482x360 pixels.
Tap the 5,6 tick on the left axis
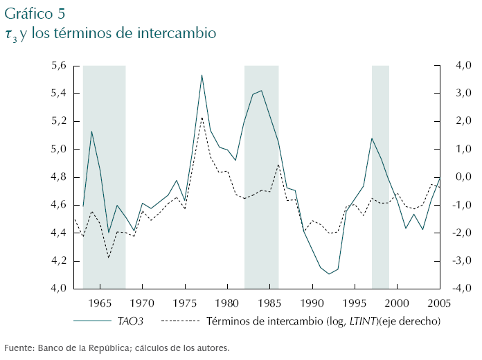(x=58, y=66)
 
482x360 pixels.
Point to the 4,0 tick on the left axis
(x=58, y=289)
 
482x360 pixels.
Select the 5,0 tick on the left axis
(x=58, y=150)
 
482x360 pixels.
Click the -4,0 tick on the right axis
(x=462, y=289)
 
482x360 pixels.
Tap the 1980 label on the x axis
(x=227, y=303)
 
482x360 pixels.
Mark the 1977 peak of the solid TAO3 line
(x=202, y=75)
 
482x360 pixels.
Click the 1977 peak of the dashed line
(x=202, y=117)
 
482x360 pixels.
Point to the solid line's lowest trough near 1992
(x=329, y=274)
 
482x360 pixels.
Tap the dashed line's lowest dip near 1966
(x=109, y=258)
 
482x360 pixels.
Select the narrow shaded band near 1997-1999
(x=380, y=177)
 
